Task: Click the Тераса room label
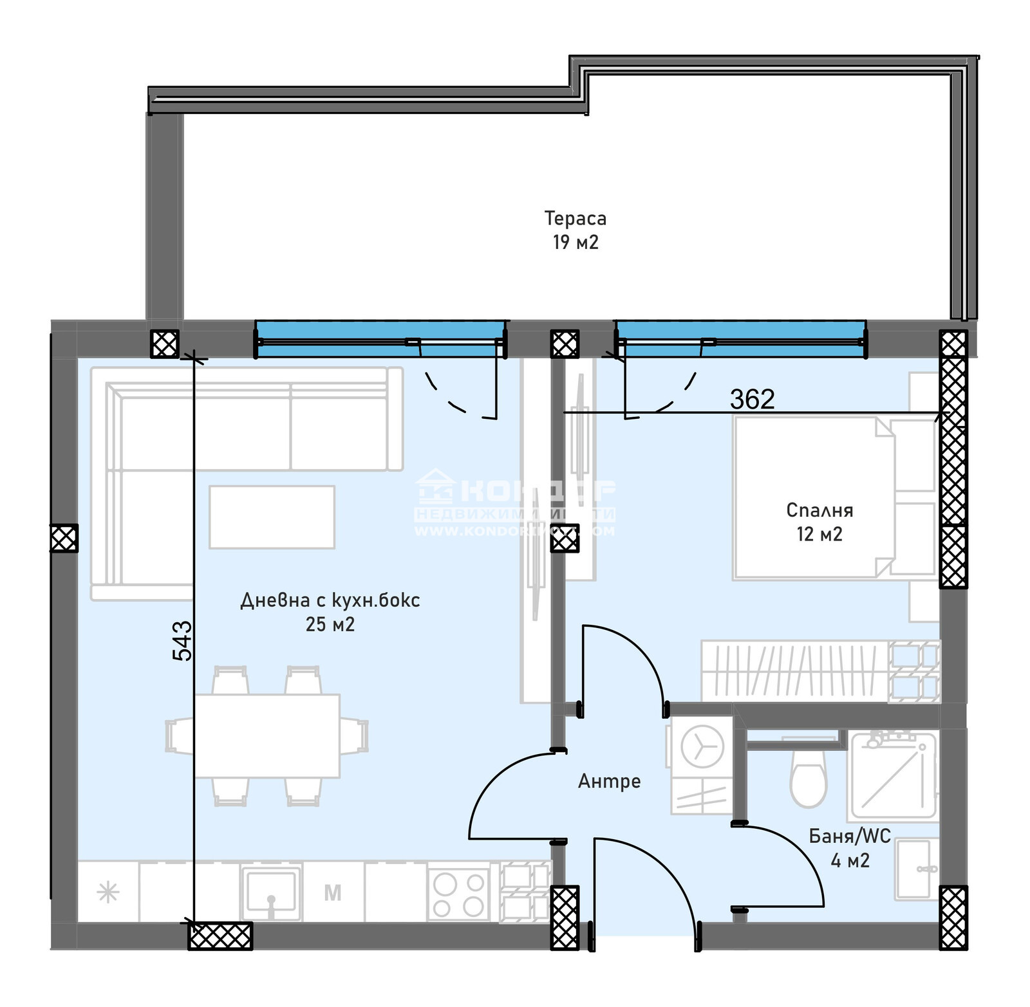[x=575, y=219]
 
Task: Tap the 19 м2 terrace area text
[x=575, y=243]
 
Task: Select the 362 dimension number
[x=752, y=400]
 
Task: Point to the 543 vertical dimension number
[x=182, y=640]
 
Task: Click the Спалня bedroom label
[x=819, y=510]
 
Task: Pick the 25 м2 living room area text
[x=330, y=624]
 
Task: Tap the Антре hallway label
[x=609, y=781]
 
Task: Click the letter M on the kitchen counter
[x=332, y=893]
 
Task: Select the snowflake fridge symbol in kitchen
[x=108, y=893]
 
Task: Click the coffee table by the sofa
[x=272, y=517]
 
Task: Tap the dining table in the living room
[x=267, y=735]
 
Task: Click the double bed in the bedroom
[x=814, y=497]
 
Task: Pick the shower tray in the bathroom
[x=893, y=775]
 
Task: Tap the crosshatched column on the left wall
[x=64, y=538]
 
